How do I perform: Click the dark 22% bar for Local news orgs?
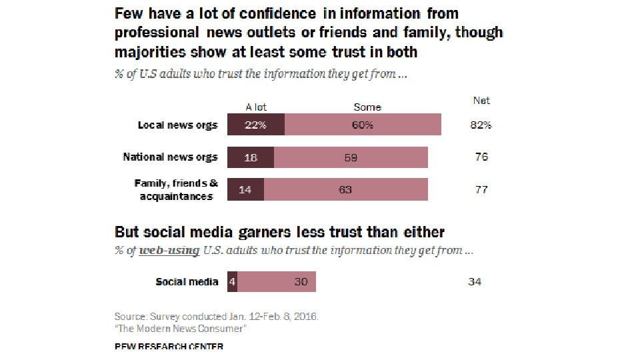coord(256,125)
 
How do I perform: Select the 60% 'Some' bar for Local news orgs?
coord(363,125)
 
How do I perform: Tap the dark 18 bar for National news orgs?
coord(251,157)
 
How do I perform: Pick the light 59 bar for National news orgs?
coord(351,157)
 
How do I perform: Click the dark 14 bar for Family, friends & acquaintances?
coord(245,190)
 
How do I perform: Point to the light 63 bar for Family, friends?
coord(345,190)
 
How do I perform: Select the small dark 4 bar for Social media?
coord(232,282)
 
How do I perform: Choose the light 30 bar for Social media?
coord(277,282)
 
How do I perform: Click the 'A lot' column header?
coord(256,107)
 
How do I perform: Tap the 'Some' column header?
coord(367,107)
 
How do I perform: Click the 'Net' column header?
coord(481,101)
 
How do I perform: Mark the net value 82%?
coord(481,125)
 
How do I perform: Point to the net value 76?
coord(481,157)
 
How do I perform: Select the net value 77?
coord(481,190)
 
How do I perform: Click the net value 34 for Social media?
coord(475,282)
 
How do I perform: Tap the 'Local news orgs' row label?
coord(177,125)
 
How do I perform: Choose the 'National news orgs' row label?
coord(170,157)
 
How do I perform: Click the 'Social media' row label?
coord(187,282)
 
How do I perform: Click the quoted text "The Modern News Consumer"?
coord(181,329)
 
